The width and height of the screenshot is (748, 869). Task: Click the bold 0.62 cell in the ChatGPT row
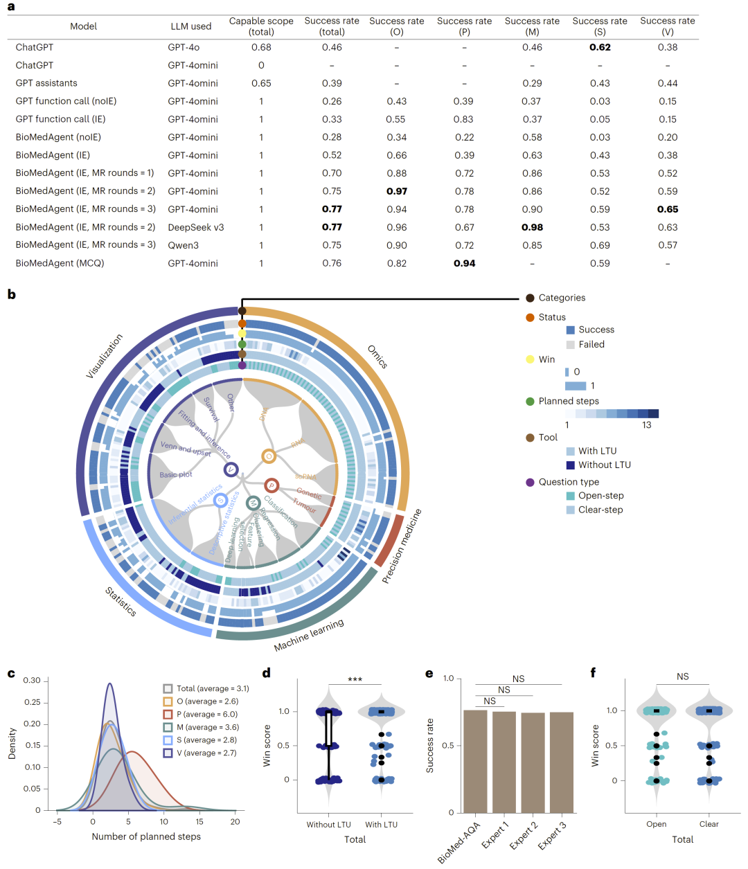(x=600, y=47)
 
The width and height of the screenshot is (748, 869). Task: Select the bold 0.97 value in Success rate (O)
(x=397, y=191)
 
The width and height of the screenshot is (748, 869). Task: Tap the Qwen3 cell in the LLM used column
(x=183, y=245)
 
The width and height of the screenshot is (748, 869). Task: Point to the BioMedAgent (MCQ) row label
(x=60, y=263)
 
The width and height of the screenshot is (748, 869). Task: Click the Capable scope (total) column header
(x=261, y=26)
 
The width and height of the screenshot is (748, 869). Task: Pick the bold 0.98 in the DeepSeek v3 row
(x=532, y=227)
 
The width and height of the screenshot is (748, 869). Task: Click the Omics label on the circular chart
(x=377, y=357)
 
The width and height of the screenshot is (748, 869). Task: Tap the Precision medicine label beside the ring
(x=402, y=546)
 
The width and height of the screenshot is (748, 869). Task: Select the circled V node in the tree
(x=231, y=469)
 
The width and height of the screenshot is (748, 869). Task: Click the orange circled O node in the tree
(x=269, y=456)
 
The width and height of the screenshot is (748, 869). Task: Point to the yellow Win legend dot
(x=530, y=359)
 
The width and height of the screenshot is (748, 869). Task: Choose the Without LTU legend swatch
(x=571, y=465)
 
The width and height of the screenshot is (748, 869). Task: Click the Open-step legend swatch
(x=571, y=496)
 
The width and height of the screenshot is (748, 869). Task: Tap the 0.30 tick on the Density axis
(x=32, y=681)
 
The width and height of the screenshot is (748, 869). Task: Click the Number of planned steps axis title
(x=146, y=836)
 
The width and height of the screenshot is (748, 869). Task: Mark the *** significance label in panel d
(x=355, y=680)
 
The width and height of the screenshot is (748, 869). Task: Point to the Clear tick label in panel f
(x=709, y=824)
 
